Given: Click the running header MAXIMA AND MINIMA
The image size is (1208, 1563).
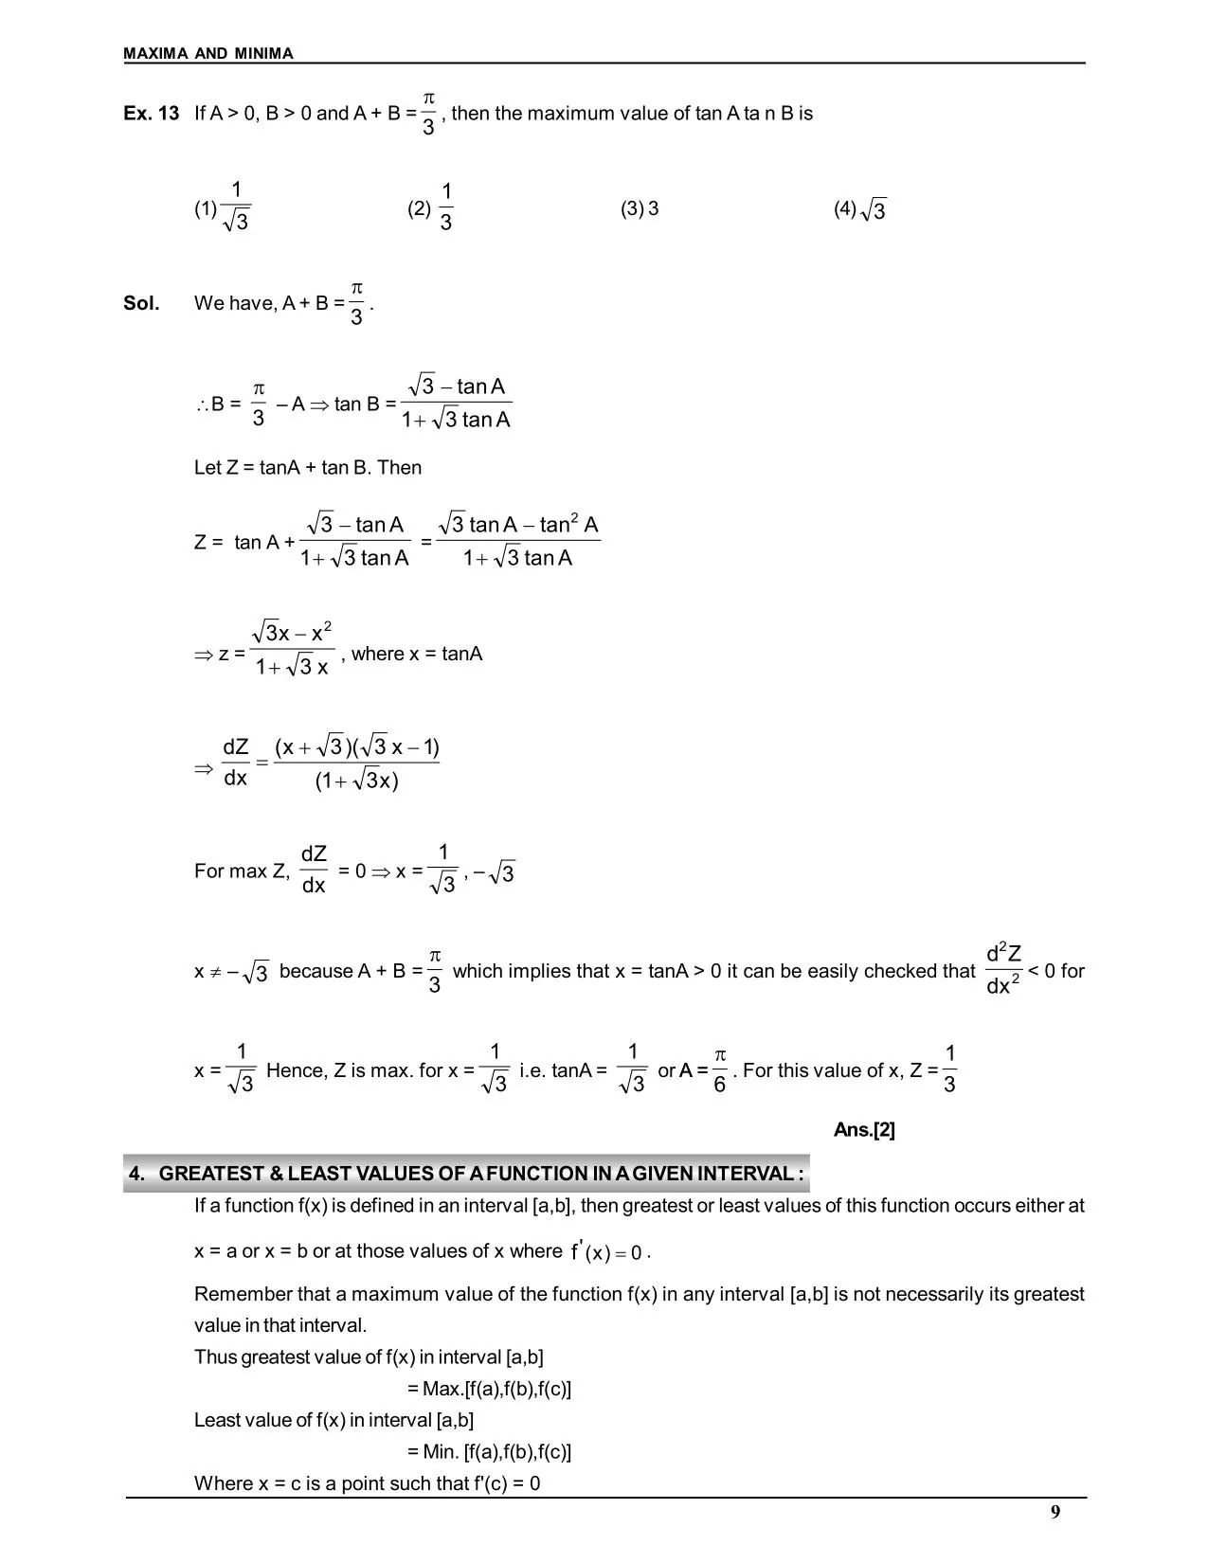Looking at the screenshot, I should [208, 54].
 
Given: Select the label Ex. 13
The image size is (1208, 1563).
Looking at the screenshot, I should [151, 114].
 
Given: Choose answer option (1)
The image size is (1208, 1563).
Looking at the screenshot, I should [224, 207].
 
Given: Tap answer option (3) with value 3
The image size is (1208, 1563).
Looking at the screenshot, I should [640, 208].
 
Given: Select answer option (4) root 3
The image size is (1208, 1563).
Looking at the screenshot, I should [860, 209].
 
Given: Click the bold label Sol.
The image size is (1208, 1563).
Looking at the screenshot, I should [141, 303].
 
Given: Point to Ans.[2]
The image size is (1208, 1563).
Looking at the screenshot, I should [864, 1129].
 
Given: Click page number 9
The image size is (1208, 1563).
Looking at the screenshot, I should [1055, 1512].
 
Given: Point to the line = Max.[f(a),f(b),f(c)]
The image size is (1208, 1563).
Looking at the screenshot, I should [489, 1389].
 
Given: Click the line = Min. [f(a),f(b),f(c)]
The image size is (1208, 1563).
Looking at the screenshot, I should [489, 1451].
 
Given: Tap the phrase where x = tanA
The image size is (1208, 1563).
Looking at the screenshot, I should [417, 654].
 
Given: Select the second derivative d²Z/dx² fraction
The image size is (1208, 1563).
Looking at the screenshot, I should [1003, 970].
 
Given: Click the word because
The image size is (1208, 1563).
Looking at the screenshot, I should [316, 971].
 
